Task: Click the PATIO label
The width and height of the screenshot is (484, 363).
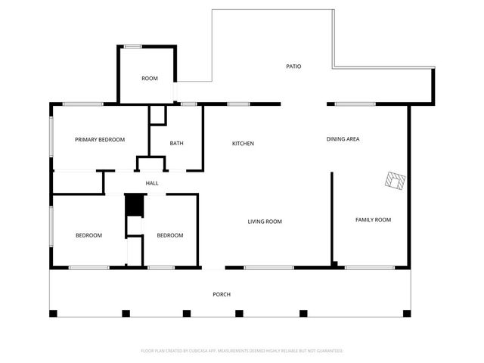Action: [293, 67]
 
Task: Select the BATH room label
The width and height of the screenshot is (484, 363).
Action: [176, 144]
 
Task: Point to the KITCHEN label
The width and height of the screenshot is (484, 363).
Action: [243, 144]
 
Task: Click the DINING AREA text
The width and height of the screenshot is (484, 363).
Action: [343, 139]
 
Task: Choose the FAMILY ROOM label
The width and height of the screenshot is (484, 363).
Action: [373, 219]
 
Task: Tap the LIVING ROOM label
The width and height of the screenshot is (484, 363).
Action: [265, 222]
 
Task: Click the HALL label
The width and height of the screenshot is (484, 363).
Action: [152, 183]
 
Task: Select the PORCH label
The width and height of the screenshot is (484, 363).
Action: [222, 294]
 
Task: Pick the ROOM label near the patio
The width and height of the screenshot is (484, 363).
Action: [150, 79]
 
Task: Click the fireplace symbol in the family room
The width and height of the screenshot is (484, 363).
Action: [395, 181]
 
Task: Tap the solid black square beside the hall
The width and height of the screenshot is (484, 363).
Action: [134, 205]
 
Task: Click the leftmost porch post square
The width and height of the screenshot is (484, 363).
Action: [53, 313]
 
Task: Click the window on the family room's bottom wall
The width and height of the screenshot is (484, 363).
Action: [369, 267]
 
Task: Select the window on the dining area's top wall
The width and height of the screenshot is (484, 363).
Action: [355, 104]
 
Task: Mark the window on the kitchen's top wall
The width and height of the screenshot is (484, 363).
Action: [239, 104]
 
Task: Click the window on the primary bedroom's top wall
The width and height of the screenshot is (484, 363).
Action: [83, 104]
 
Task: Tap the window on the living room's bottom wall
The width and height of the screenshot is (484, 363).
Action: [268, 267]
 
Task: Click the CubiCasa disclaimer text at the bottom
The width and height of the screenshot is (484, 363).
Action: [242, 351]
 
